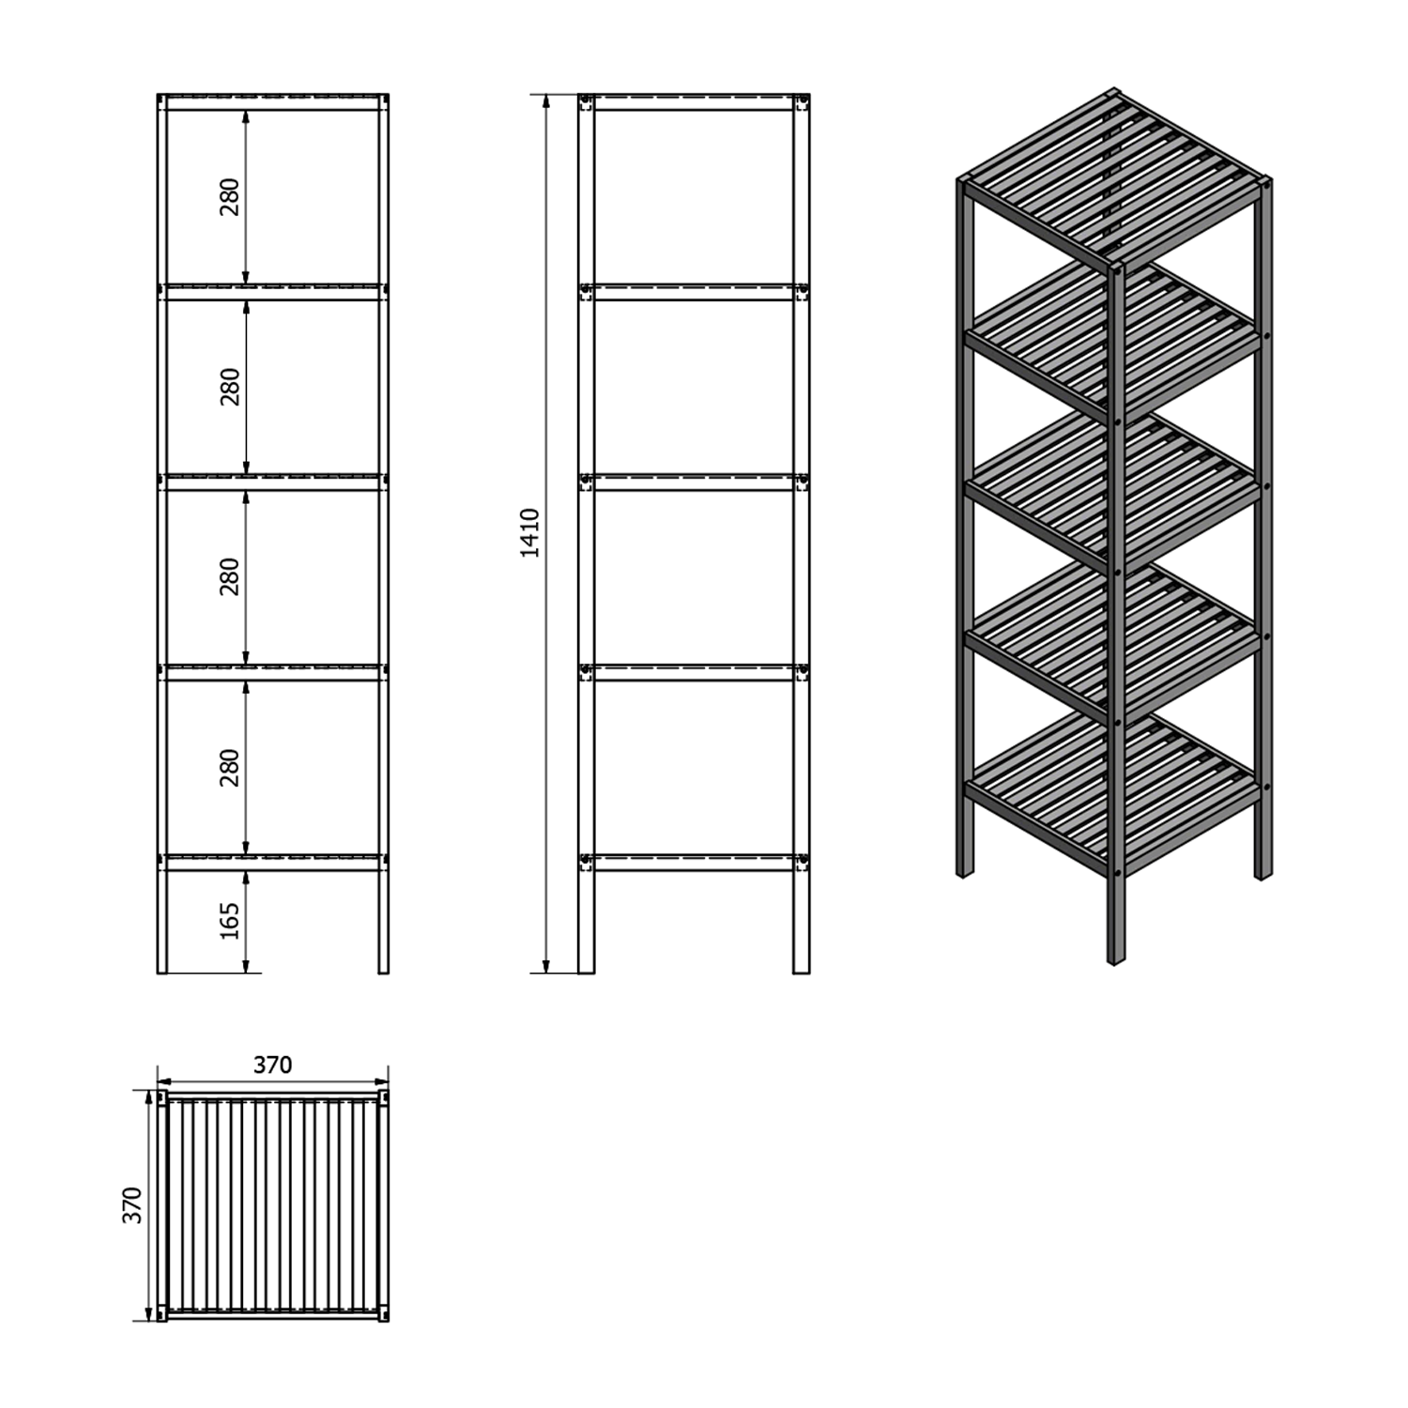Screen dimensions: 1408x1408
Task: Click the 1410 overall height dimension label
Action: click(x=530, y=533)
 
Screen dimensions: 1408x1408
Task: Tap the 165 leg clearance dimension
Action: click(x=230, y=921)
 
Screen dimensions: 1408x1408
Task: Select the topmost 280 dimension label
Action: click(x=230, y=197)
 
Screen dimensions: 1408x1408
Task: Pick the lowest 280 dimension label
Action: click(x=230, y=768)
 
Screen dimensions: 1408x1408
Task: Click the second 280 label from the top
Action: click(x=230, y=387)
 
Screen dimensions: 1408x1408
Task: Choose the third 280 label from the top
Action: click(x=230, y=576)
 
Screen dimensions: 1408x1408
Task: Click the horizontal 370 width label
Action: click(x=272, y=1064)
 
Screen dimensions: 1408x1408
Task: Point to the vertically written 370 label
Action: click(x=132, y=1204)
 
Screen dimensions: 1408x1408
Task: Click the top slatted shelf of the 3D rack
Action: click(x=1113, y=178)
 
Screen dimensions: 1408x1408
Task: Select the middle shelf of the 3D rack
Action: click(x=1113, y=493)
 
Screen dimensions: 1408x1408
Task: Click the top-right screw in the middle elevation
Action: click(x=803, y=100)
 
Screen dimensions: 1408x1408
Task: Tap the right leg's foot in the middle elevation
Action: click(x=802, y=969)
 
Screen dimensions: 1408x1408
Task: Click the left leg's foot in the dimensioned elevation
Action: click(x=161, y=969)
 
